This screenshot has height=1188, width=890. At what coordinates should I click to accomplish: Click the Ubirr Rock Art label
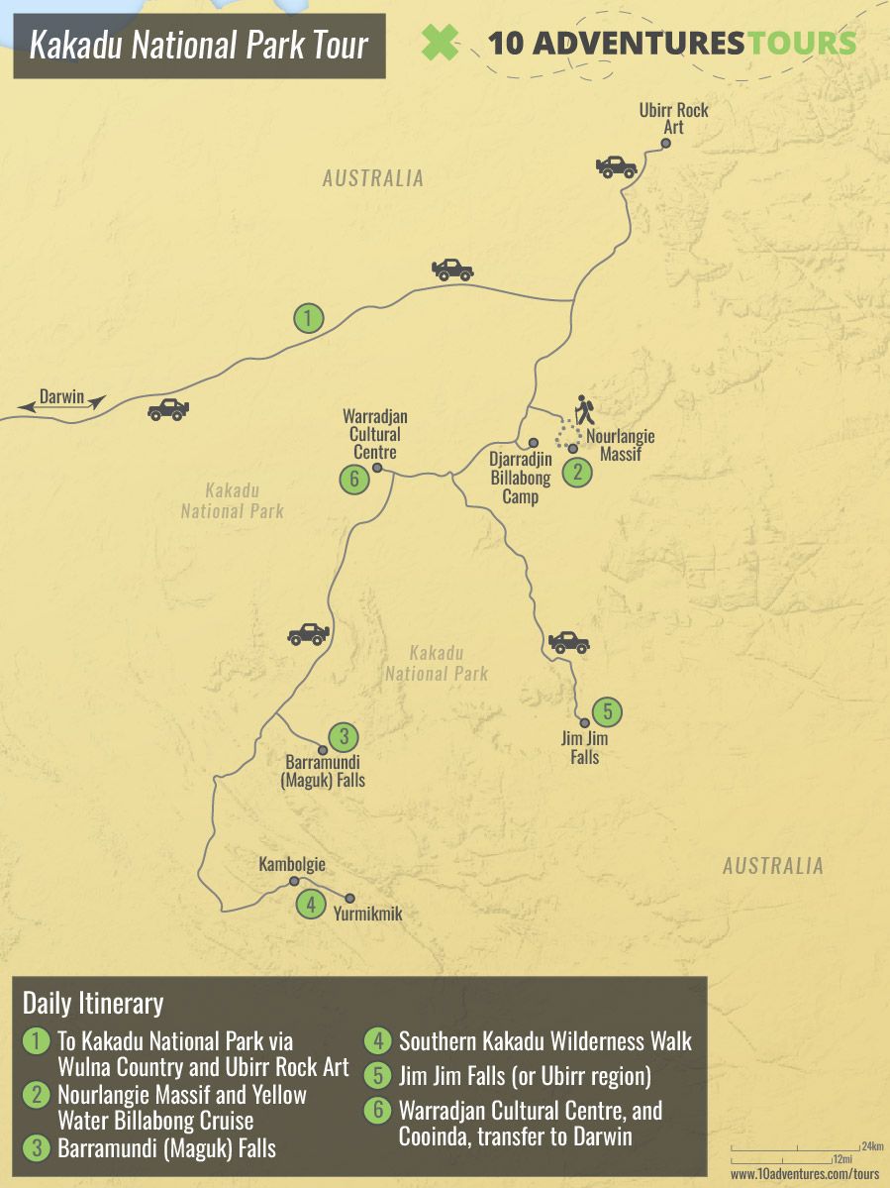(673, 118)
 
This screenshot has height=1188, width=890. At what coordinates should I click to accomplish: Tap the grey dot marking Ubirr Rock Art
(666, 144)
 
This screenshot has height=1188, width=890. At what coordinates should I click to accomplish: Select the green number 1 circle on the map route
(309, 318)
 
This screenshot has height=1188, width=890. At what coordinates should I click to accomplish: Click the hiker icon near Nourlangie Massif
(584, 409)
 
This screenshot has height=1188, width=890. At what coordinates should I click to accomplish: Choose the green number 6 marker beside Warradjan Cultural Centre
(353, 480)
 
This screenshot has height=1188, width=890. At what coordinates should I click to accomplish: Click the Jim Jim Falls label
(585, 748)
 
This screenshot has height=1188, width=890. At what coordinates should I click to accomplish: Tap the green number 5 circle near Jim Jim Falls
(608, 710)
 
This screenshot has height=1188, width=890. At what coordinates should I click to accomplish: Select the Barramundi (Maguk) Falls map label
(325, 772)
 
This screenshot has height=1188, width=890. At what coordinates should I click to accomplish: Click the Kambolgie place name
(292, 864)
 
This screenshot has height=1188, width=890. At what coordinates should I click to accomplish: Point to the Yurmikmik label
(368, 915)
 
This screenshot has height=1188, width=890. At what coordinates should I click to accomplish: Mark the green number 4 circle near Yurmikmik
(311, 904)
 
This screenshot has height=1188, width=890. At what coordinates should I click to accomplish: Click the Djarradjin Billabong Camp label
(520, 477)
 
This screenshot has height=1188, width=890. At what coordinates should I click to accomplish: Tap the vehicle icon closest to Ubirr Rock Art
(616, 165)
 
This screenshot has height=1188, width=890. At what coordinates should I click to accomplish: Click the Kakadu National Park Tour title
(199, 45)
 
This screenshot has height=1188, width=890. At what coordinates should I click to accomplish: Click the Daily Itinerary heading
(93, 1003)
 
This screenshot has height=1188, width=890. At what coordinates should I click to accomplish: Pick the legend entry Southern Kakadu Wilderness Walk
(544, 1040)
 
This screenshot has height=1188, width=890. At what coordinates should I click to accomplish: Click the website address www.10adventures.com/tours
(805, 1174)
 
